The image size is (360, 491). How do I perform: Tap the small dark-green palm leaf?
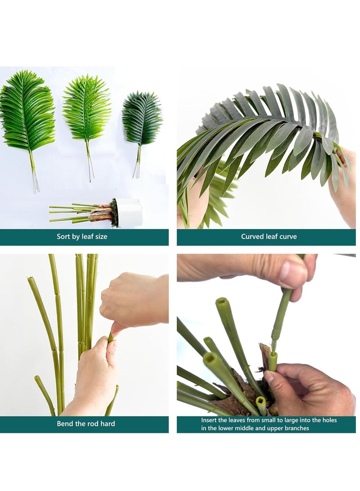[x=142, y=118]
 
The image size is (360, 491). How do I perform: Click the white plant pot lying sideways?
[x=130, y=212]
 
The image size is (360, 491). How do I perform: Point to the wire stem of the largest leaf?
[x=34, y=176]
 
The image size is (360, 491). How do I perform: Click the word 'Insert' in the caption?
[x=210, y=420]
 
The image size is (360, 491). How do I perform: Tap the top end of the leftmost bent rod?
[x=31, y=280]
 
